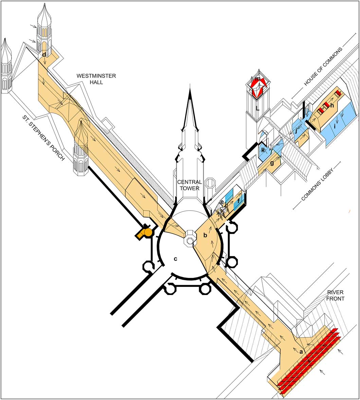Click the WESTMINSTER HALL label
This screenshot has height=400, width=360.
[x=96, y=79]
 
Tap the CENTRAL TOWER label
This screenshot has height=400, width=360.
[x=190, y=185]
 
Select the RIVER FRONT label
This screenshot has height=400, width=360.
[x=335, y=295]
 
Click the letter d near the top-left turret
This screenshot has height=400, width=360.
[x=44, y=55]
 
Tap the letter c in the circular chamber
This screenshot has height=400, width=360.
[x=175, y=259]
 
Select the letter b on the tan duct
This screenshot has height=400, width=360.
[x=205, y=235]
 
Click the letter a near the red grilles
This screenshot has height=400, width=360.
[x=301, y=352]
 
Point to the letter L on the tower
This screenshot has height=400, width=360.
[x=257, y=108]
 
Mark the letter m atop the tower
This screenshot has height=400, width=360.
[x=258, y=79]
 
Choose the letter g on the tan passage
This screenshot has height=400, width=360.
[x=272, y=163]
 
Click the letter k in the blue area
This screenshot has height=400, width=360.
[x=263, y=150]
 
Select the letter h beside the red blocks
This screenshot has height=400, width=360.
[x=332, y=105]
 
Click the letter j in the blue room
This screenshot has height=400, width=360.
[x=296, y=131]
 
